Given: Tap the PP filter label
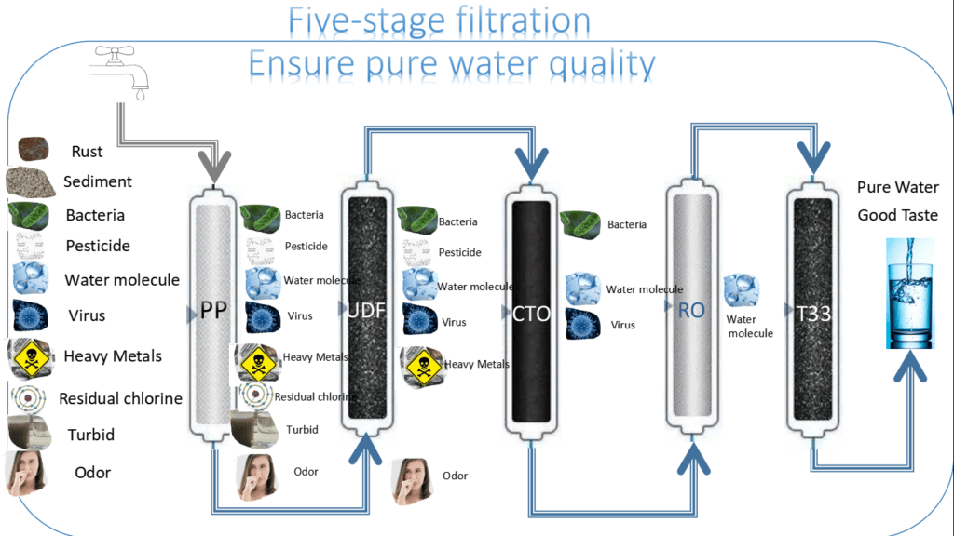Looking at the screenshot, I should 214,311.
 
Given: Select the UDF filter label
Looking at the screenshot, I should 365,311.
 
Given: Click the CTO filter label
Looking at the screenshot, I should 531,314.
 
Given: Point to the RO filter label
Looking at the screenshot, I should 691,311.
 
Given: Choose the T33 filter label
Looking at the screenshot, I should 812,314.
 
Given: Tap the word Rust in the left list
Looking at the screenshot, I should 87,151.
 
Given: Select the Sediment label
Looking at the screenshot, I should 98,181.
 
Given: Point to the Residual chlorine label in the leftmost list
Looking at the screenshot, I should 120,398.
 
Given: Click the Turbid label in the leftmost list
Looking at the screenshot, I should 90,435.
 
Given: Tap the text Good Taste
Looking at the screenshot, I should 898,215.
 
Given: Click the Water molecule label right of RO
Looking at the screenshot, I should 750,327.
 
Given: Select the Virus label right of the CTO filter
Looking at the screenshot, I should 623,326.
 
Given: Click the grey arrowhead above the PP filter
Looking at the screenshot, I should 213,171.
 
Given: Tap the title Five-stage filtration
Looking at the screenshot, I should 438,20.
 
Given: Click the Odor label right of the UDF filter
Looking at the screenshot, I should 455,476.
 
